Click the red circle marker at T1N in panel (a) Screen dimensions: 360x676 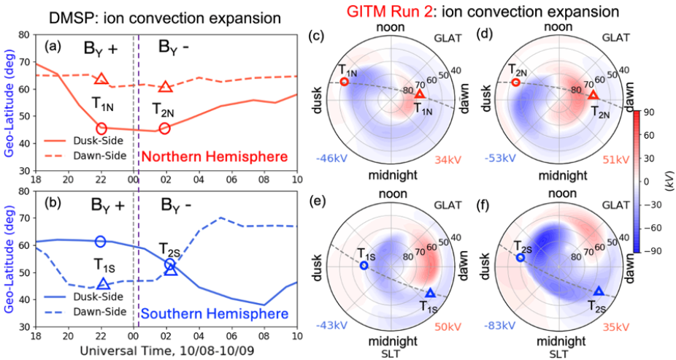101,129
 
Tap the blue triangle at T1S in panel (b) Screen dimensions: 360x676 103,283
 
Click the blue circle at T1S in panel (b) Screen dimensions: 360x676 101,241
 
